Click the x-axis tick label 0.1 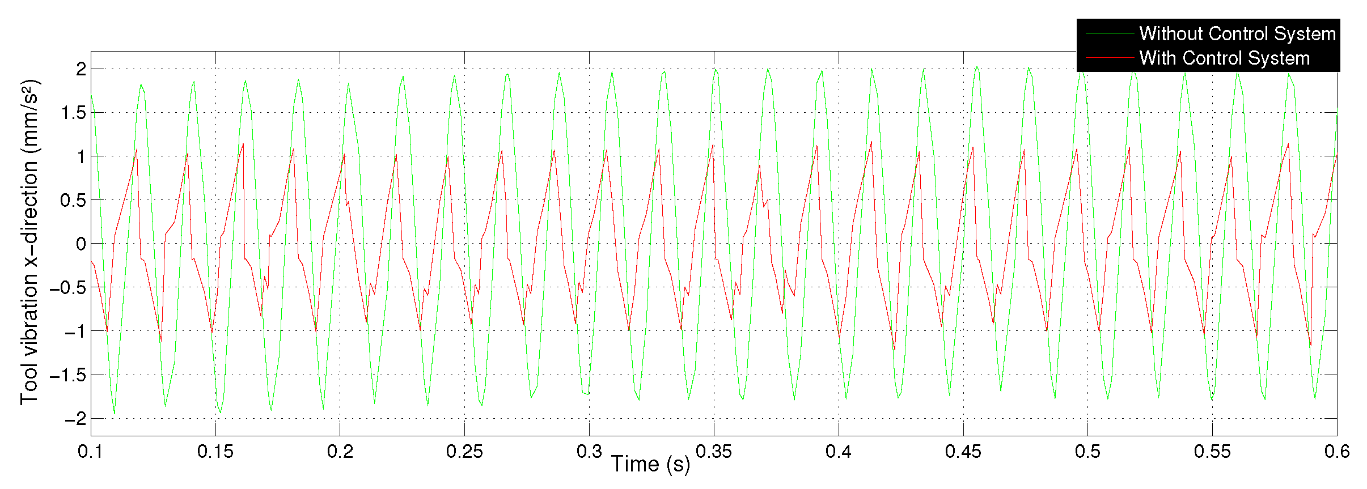click(x=90, y=452)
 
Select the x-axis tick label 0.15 click(x=215, y=452)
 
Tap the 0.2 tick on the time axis click(x=340, y=452)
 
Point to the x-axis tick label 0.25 click(x=464, y=452)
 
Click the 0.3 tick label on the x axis click(x=589, y=452)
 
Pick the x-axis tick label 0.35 click(x=713, y=452)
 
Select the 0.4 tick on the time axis click(x=838, y=452)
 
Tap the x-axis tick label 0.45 click(x=963, y=452)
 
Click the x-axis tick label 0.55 click(x=1212, y=452)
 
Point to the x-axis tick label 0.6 click(x=1336, y=452)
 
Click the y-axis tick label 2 click(x=81, y=69)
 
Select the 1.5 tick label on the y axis click(x=74, y=113)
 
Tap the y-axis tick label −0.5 click(x=67, y=287)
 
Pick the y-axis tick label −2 click(x=75, y=419)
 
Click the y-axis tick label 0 click(x=81, y=244)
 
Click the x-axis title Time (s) click(x=650, y=465)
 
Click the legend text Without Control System click(x=1237, y=34)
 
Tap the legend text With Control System click(x=1224, y=58)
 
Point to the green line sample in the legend click(x=1109, y=34)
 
